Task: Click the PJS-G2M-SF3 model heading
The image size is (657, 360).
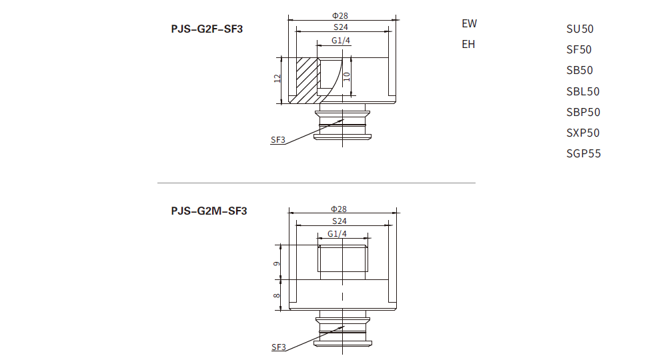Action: click(x=209, y=211)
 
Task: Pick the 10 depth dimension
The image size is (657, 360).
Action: click(x=347, y=76)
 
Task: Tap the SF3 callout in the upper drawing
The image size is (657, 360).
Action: click(x=278, y=140)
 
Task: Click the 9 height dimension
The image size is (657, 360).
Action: click(x=277, y=264)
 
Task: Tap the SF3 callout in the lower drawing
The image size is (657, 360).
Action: click(x=279, y=347)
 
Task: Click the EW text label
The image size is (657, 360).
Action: click(x=470, y=23)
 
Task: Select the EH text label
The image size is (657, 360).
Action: click(x=469, y=45)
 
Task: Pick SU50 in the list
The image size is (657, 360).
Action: click(x=579, y=29)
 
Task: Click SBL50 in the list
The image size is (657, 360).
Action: click(x=583, y=91)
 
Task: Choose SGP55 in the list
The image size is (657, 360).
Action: click(x=584, y=154)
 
